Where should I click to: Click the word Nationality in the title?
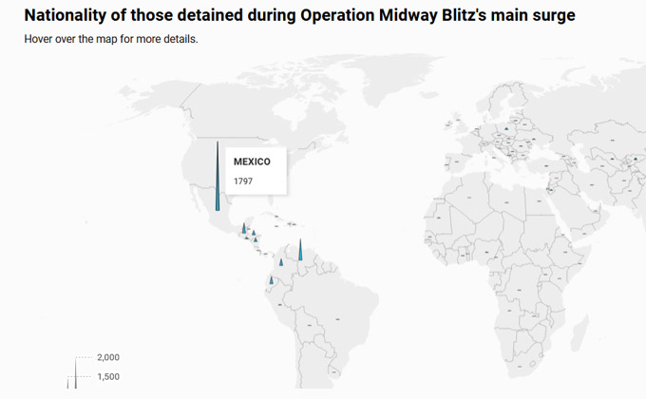65,16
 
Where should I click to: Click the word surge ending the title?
551,16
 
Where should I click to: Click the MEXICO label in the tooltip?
252,161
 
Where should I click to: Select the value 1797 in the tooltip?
243,180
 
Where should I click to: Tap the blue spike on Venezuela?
300,251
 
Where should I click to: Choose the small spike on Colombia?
281,262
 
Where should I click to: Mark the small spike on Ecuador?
271,280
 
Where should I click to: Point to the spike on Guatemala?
244,229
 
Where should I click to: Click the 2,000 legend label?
108,357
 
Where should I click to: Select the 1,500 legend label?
108,377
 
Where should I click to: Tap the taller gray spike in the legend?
75,373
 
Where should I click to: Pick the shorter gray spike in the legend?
68,382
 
